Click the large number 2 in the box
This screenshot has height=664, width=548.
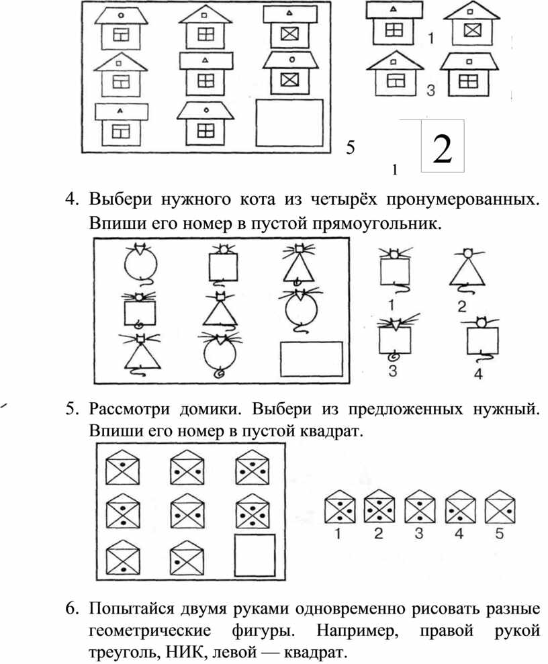pyautogui.click(x=443, y=149)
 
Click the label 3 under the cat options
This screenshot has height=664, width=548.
pyautogui.click(x=393, y=371)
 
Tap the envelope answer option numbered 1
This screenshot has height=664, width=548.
pyautogui.click(x=340, y=506)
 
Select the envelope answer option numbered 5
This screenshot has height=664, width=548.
pyautogui.click(x=500, y=506)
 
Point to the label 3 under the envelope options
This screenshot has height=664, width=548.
pyautogui.click(x=419, y=533)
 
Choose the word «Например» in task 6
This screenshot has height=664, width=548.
pyautogui.click(x=357, y=631)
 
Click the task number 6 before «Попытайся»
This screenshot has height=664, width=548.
pyautogui.click(x=72, y=608)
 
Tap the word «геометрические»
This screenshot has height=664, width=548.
pyautogui.click(x=150, y=631)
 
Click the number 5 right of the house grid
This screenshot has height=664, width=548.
pyautogui.click(x=351, y=148)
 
